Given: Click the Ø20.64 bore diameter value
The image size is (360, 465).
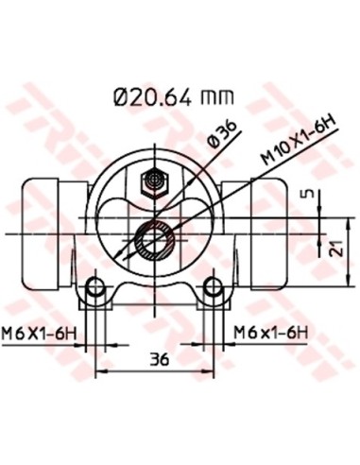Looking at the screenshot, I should (153, 96).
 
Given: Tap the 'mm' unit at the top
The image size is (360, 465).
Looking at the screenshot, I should (217, 97).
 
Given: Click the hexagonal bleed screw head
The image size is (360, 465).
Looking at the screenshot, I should (152, 179).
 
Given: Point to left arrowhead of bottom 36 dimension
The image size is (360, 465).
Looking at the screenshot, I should (100, 371).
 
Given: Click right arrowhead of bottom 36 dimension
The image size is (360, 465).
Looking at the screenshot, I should (213, 371).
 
